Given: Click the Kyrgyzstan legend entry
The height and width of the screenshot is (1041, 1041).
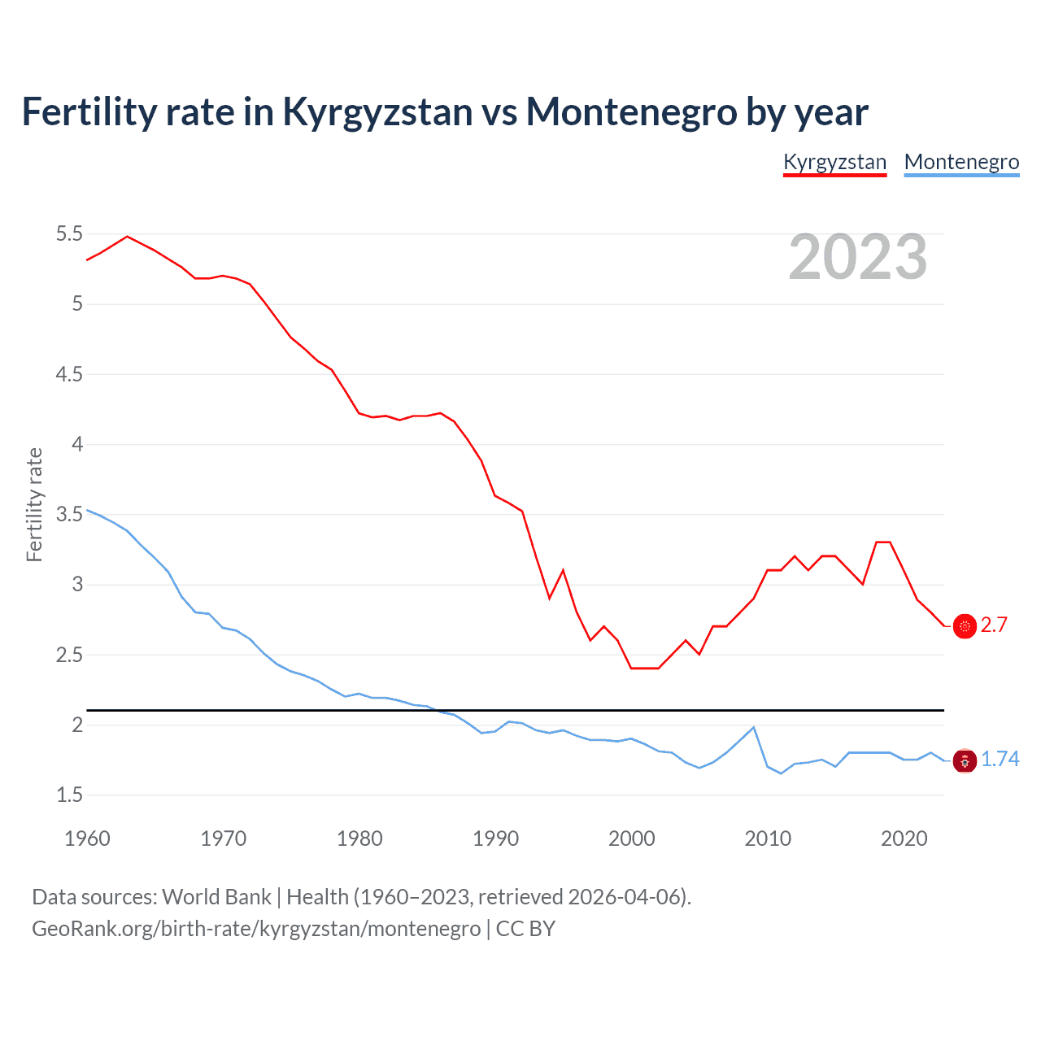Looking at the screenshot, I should pos(834,162).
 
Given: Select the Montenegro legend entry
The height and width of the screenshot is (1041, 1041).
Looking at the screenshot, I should pos(961,162).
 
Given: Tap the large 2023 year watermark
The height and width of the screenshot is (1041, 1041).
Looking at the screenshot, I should pos(857,257).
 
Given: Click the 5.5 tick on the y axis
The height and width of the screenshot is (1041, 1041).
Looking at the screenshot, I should pos(69,234).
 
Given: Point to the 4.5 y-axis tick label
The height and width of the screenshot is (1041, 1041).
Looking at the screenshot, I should pos(69,374).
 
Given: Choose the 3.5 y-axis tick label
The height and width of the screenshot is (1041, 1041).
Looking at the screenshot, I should pos(69,515).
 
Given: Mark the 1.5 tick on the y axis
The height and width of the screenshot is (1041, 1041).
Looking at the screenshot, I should pos(69,795).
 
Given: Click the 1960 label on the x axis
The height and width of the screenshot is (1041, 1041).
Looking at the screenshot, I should pos(87,838).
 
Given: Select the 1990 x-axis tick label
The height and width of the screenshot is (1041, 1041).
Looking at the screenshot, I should pos(495,838).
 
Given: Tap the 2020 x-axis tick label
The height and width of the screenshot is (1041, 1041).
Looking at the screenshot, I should pos(904,838).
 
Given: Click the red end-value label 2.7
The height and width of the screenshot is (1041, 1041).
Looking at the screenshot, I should pos(994,625).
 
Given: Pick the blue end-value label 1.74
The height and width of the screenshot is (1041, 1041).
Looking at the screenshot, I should pos(1000,759).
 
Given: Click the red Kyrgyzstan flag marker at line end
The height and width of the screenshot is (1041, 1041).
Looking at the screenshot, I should pos(965,626).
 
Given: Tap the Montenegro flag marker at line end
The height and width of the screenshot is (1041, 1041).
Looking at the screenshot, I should pos(965,762).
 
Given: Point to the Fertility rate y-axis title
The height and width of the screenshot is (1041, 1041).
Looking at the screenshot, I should pos(34,504).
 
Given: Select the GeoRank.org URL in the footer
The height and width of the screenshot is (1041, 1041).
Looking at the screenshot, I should pos(256,929).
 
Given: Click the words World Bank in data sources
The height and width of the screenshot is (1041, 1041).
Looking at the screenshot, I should pos(216,897).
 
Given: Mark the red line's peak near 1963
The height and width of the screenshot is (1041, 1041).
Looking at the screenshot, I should pos(127,237).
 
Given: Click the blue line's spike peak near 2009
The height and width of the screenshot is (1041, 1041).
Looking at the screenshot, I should pos(754,727).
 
